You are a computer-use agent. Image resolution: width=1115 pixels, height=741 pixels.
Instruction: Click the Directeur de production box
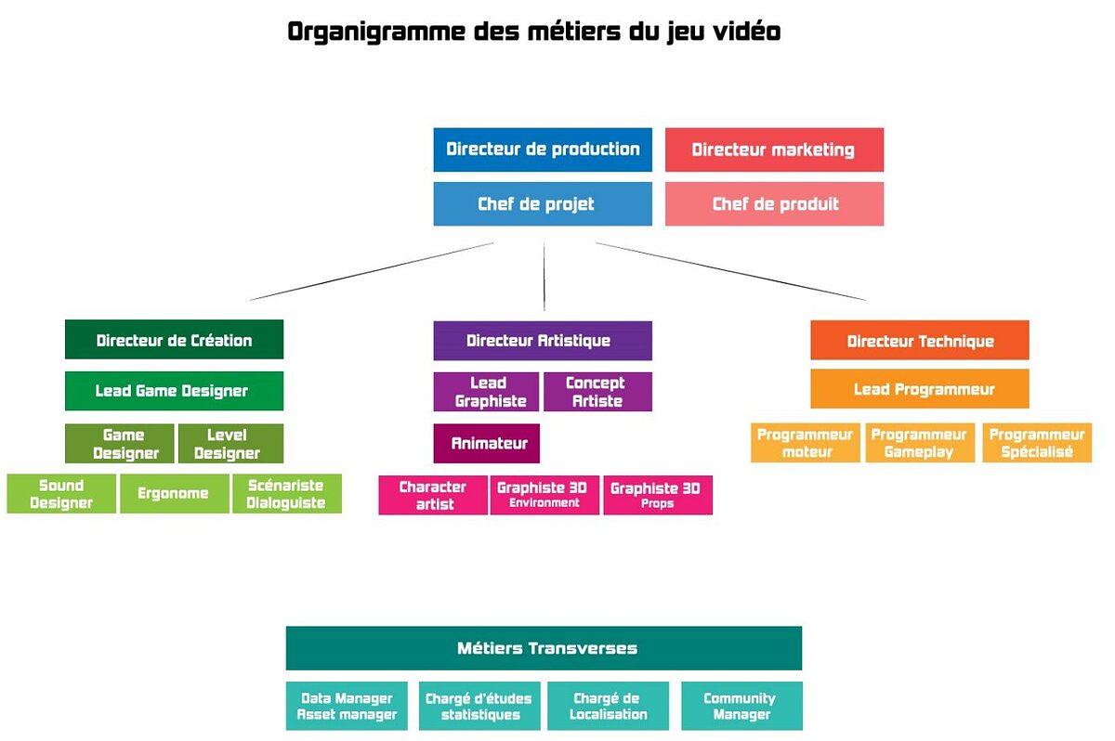click(x=543, y=149)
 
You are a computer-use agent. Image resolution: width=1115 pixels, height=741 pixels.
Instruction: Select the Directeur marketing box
click(x=774, y=149)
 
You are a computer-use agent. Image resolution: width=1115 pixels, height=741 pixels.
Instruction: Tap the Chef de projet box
click(x=543, y=204)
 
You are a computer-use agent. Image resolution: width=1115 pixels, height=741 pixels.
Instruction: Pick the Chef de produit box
click(x=774, y=204)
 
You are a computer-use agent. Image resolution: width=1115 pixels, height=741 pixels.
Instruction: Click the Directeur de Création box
click(x=174, y=340)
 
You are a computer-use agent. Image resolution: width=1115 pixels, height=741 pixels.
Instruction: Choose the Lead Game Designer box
click(x=174, y=391)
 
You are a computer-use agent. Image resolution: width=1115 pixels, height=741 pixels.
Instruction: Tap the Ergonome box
click(x=174, y=494)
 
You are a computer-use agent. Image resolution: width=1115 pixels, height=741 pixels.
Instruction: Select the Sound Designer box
click(x=61, y=494)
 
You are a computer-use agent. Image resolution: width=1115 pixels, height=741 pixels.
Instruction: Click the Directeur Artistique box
click(x=543, y=341)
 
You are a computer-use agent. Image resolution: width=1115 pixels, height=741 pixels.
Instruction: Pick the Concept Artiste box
click(x=597, y=392)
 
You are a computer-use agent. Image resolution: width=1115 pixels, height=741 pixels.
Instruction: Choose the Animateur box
click(x=486, y=444)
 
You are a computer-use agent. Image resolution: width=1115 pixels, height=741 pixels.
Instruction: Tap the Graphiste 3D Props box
click(x=658, y=495)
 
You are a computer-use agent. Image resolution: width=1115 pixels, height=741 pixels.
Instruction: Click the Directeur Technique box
click(x=920, y=341)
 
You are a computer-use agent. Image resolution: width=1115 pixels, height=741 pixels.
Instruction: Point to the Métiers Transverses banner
click(x=544, y=648)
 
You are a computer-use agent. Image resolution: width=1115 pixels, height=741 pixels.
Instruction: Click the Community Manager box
click(x=741, y=706)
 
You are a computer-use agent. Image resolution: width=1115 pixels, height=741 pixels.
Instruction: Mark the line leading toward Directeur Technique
click(x=730, y=272)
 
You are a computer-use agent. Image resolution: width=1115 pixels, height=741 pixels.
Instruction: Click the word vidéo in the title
click(x=740, y=32)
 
